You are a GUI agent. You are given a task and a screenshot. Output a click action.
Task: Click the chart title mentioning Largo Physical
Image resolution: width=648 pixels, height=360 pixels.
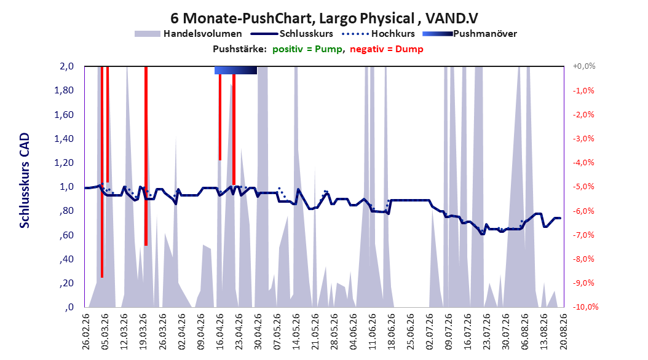pos(325,18)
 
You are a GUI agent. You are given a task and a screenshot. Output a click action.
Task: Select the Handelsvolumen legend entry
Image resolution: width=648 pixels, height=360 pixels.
pos(188,34)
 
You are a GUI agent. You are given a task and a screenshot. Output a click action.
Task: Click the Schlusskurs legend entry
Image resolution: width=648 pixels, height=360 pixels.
pos(292,34)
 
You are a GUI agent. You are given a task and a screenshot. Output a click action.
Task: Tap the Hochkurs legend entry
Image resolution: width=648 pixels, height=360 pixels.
pos(378,34)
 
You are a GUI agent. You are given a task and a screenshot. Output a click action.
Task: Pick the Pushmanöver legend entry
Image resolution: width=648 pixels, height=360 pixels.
pos(470,34)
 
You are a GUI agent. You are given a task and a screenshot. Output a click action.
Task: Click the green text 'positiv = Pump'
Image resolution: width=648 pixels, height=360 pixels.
pos(307,49)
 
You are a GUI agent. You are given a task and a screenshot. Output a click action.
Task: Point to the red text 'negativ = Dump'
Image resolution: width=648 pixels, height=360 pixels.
pos(387,49)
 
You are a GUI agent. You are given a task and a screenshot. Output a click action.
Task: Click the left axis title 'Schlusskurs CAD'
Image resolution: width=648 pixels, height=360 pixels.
pos(25,181)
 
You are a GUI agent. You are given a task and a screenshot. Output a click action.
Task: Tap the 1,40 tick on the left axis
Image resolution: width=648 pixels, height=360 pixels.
pos(64,139)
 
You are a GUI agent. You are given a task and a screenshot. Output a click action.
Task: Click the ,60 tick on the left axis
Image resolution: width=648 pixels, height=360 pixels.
pos(66,235)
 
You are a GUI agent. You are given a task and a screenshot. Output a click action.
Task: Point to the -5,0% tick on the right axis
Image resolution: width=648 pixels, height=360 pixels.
pos(583,187)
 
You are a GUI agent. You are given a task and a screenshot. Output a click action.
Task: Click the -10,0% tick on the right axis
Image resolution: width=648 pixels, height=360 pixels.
pos(585,307)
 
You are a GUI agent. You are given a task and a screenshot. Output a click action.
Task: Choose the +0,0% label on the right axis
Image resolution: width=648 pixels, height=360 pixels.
pos(584,66)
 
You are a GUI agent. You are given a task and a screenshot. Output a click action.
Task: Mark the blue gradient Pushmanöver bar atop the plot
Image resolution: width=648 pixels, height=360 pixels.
pos(235,70)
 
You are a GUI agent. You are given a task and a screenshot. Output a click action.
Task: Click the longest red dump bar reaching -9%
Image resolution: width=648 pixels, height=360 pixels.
pos(101,172)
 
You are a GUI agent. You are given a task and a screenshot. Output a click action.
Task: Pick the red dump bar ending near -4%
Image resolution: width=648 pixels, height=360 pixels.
pos(220,117)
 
